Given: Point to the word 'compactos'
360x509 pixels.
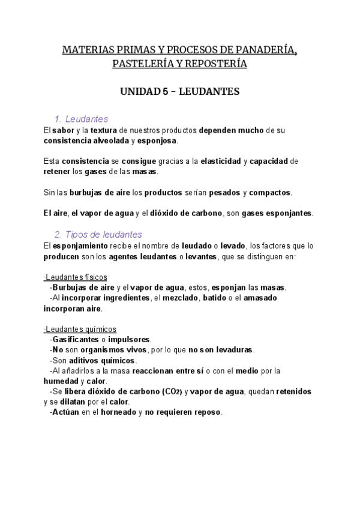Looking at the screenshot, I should click(x=270, y=193).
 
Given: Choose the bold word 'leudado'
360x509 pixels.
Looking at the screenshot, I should click(x=217, y=245).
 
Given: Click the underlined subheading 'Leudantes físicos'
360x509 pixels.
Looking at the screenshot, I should click(x=76, y=277).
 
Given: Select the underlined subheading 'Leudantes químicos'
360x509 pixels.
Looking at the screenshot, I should click(x=79, y=329).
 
